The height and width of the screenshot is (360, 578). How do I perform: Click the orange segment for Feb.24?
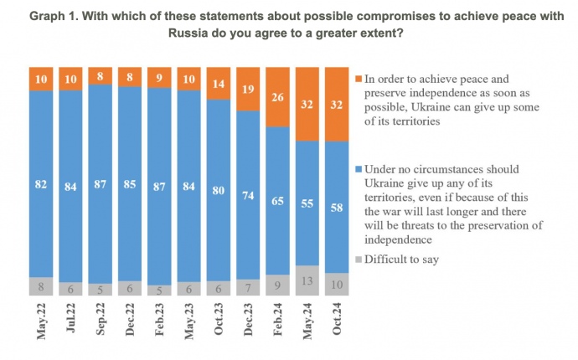click(277, 97)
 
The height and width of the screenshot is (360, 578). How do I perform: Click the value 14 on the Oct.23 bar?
click(219, 85)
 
